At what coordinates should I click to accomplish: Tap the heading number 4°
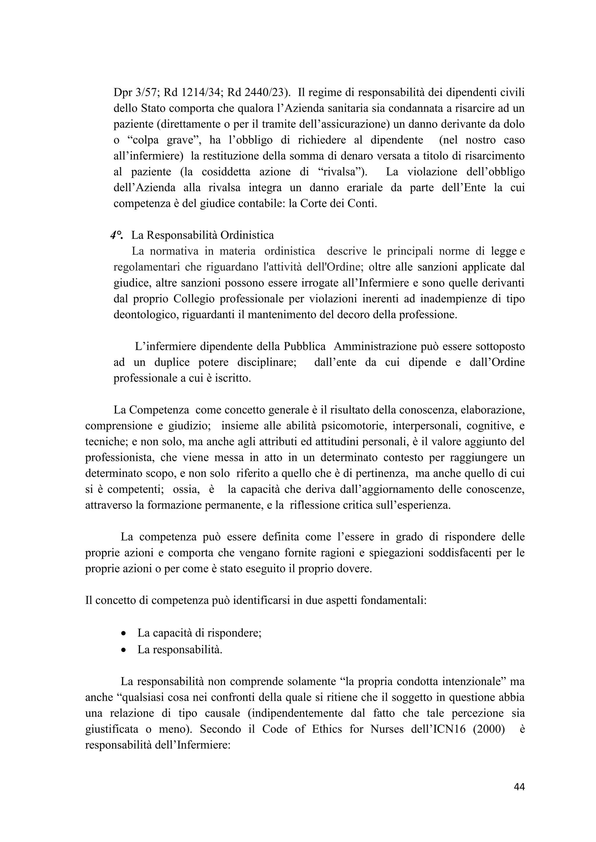116,235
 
